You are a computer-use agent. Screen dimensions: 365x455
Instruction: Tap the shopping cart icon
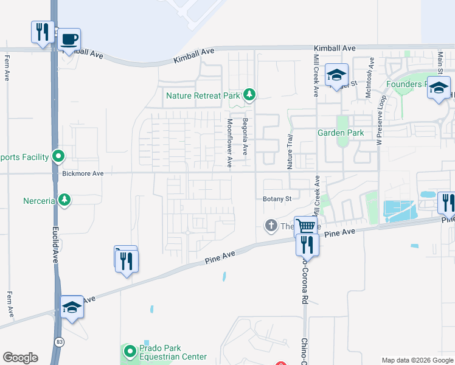(305, 226)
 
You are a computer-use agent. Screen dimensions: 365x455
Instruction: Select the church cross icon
(271, 226)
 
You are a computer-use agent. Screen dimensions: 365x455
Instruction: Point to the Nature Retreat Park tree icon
(249, 94)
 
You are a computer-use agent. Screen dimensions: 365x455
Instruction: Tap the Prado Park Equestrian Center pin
(130, 351)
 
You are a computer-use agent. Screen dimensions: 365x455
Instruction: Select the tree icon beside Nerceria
(64, 200)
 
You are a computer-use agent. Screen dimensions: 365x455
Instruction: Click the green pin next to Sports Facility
(58, 157)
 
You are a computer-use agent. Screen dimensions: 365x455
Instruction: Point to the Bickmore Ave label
(83, 173)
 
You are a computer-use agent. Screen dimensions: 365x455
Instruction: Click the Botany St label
(277, 199)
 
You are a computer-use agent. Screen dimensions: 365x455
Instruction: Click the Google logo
(20, 358)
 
